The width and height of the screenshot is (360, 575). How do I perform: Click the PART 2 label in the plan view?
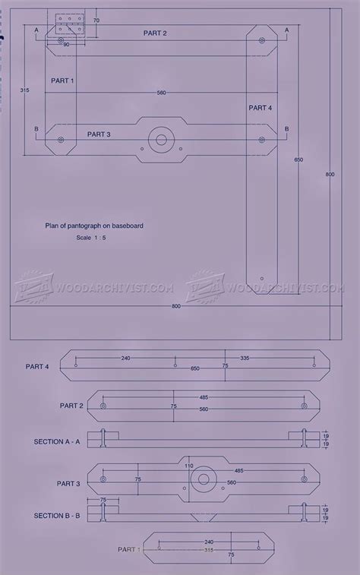tap(155, 33)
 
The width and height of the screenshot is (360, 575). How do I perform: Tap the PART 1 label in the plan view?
tap(62, 80)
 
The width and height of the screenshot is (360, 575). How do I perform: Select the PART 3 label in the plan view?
tap(99, 134)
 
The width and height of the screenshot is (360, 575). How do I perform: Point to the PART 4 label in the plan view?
tap(260, 108)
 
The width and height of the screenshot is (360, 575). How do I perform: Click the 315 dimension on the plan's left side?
tap(24, 90)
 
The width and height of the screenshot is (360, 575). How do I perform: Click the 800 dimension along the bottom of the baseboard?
tap(176, 307)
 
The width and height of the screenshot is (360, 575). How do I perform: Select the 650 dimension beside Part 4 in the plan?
tap(298, 160)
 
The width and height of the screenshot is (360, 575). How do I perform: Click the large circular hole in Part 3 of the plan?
tap(159, 139)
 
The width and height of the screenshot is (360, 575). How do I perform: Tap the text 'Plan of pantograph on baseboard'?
tap(94, 226)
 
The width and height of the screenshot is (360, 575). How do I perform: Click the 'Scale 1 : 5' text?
tap(92, 238)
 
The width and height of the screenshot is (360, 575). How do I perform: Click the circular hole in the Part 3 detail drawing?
tap(202, 479)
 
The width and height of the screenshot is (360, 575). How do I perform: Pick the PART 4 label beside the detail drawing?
tap(37, 366)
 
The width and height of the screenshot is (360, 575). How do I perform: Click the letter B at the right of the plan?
tap(286, 129)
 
